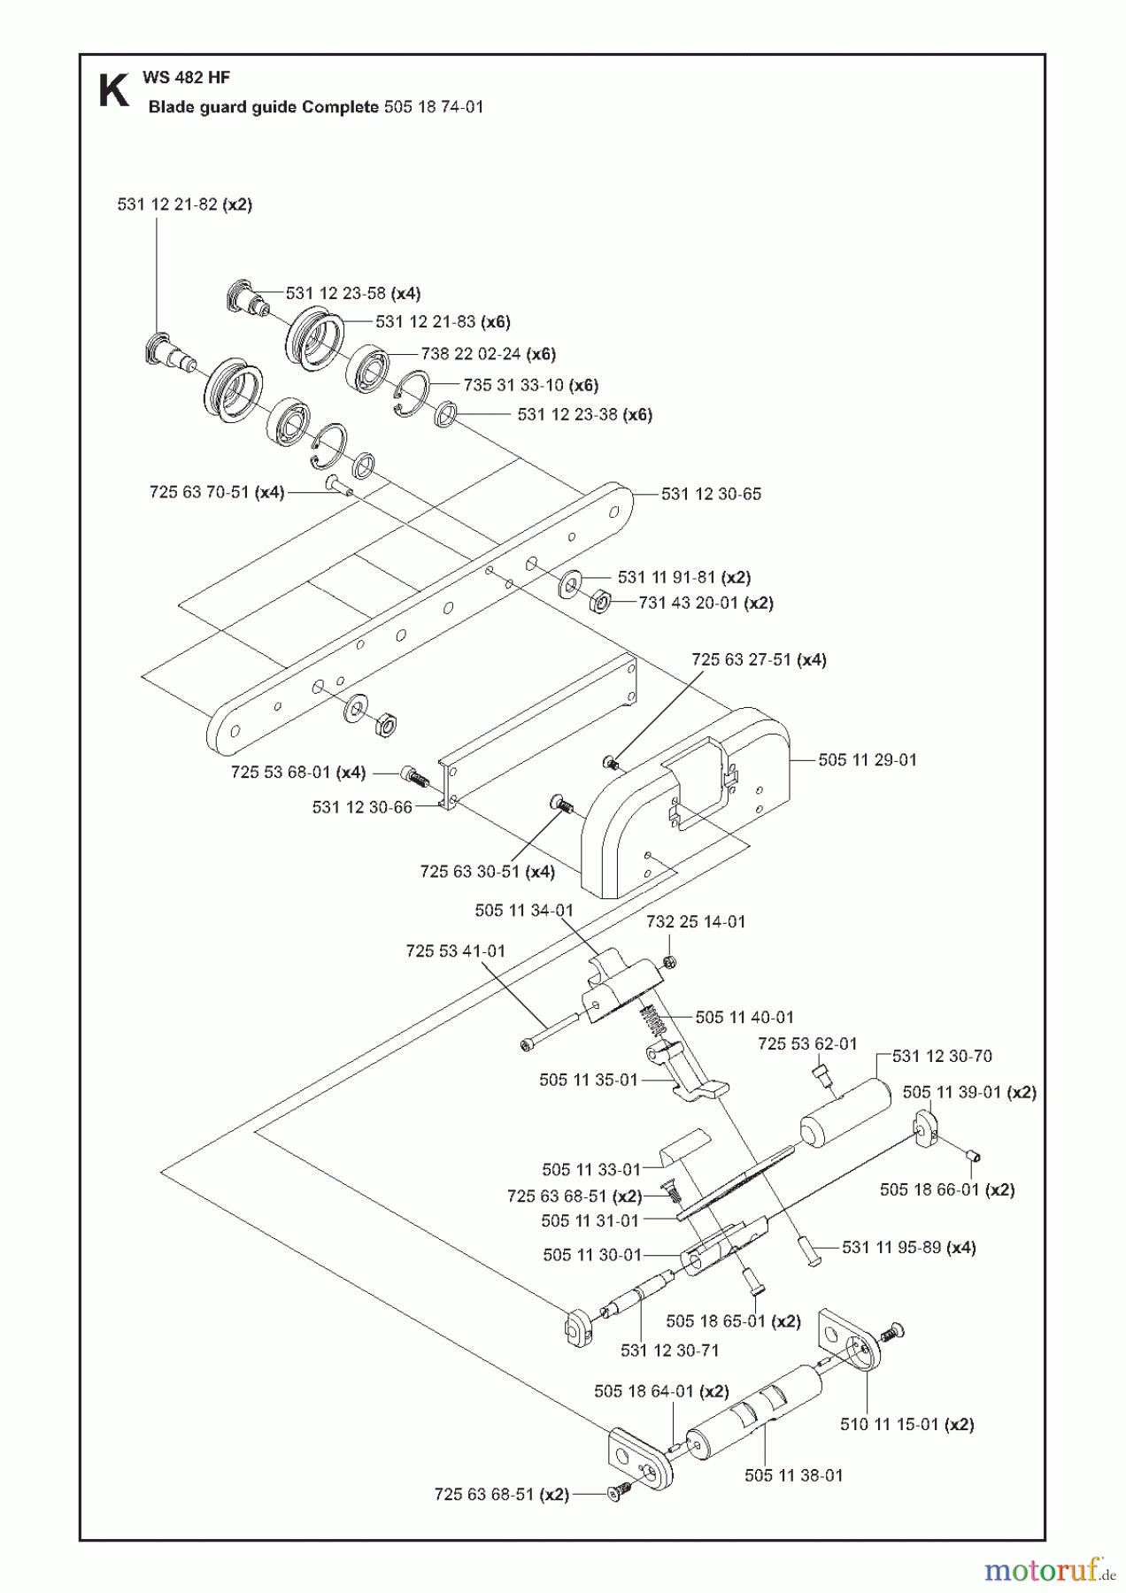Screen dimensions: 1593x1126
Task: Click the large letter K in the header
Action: pos(112,91)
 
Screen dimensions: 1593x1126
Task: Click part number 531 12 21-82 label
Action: pos(184,204)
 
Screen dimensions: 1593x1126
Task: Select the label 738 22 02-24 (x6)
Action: pos(488,354)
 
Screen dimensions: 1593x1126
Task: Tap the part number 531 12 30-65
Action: pos(711,494)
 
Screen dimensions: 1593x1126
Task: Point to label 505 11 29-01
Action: pos(867,759)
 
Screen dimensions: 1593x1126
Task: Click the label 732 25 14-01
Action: pos(696,921)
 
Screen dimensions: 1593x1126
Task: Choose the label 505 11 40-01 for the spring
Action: pos(744,1018)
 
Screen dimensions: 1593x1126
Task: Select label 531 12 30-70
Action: pos(942,1056)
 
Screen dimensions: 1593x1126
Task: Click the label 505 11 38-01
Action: pos(793,1475)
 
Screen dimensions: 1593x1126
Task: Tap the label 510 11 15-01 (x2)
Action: pos(906,1424)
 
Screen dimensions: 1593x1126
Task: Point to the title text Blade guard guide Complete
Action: pos(264,107)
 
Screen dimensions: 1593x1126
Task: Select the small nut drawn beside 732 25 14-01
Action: pos(670,962)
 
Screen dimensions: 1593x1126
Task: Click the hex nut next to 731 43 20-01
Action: pos(599,603)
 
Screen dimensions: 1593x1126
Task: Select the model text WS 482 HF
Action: pos(186,78)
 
